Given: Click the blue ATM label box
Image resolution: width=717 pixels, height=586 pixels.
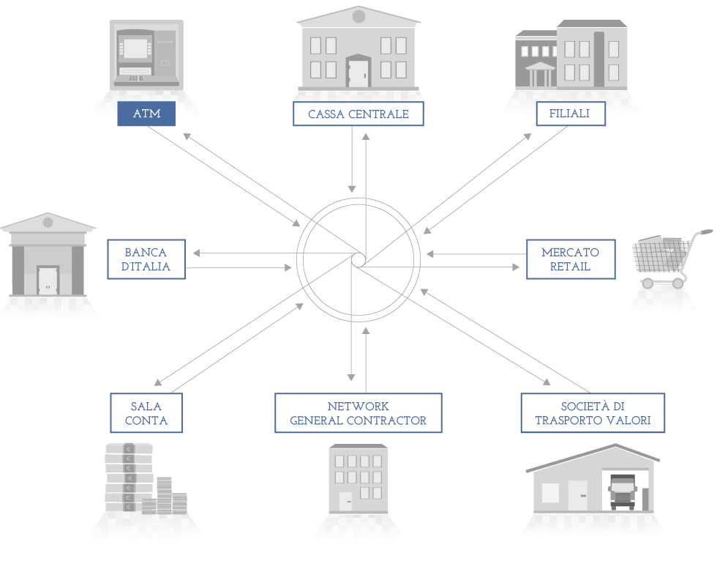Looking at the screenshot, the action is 146,114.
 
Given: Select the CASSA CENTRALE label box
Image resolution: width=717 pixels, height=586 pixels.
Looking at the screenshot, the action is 358,114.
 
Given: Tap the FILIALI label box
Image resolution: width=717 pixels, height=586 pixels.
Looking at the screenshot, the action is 571,114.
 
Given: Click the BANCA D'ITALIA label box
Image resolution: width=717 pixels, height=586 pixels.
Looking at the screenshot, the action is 146,259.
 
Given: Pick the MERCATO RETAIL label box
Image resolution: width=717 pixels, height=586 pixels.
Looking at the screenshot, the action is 571,259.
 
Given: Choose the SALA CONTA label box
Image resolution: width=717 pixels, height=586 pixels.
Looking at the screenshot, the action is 146,413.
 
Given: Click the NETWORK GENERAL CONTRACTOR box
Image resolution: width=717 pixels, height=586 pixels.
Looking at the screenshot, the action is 358,413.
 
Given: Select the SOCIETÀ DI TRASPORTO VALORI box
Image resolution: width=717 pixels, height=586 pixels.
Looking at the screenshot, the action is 593,413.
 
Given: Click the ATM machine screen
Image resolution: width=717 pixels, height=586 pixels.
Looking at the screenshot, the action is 136,48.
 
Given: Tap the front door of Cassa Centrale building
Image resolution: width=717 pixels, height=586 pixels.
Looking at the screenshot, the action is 358,73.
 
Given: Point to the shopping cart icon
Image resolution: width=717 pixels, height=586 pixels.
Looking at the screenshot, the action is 670,259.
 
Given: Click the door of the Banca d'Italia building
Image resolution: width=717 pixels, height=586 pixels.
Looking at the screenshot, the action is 48,281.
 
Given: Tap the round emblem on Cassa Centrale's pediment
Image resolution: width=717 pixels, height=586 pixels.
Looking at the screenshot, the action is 358,16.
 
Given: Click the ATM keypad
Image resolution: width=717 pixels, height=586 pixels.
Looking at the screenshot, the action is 136,78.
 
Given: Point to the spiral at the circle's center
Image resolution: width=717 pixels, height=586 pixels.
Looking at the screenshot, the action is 358,259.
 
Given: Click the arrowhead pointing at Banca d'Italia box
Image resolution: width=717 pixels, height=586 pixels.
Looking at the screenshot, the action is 197,253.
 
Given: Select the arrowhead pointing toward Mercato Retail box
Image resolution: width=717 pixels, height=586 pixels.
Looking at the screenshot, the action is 516,267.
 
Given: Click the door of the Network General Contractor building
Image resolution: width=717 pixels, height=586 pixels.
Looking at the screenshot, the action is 345,502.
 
